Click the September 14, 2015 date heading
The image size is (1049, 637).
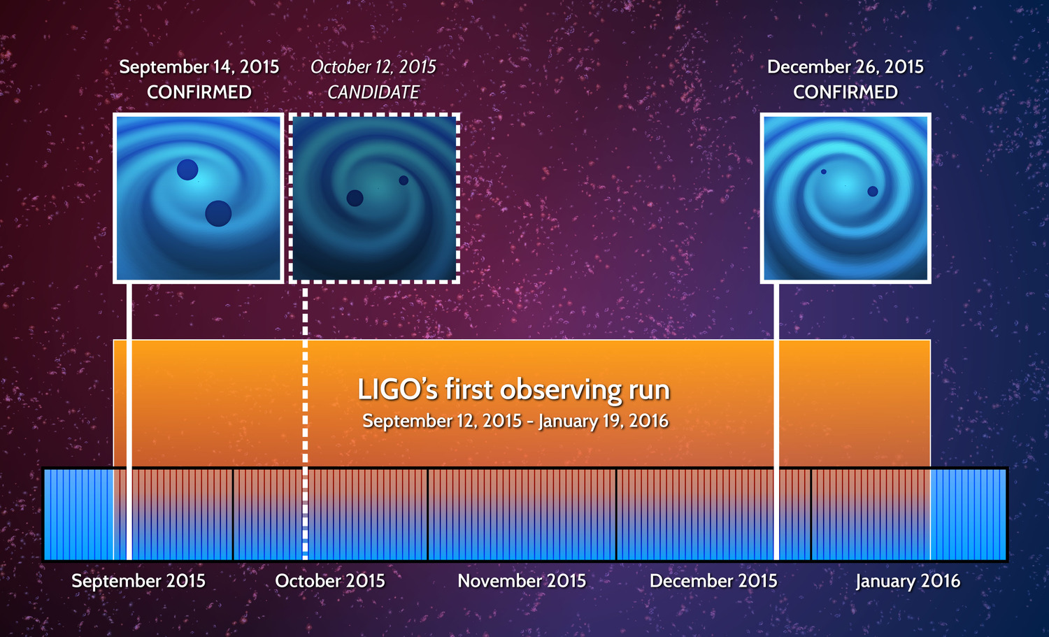point(199,67)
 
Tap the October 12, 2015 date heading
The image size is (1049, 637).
point(373,67)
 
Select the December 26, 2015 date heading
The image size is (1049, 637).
point(845,67)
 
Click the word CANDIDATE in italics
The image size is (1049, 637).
point(373,92)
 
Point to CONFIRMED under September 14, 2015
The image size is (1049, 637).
point(199,92)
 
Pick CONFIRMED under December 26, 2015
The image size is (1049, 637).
point(845,92)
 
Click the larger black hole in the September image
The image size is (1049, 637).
point(218,213)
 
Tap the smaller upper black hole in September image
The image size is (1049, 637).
point(187,169)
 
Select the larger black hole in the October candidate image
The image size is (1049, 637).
point(355,198)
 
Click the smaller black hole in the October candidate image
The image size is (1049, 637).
point(404,180)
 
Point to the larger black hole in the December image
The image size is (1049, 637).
point(873,191)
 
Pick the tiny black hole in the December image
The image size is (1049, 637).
point(824,171)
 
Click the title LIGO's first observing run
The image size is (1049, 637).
point(513,389)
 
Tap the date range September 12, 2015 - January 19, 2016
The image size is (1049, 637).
point(515,421)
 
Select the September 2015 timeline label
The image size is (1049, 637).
point(138,581)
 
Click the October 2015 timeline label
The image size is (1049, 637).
point(330,581)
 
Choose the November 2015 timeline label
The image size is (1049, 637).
point(522,581)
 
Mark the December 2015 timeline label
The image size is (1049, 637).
point(713,581)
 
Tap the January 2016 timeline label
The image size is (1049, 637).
point(908,581)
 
